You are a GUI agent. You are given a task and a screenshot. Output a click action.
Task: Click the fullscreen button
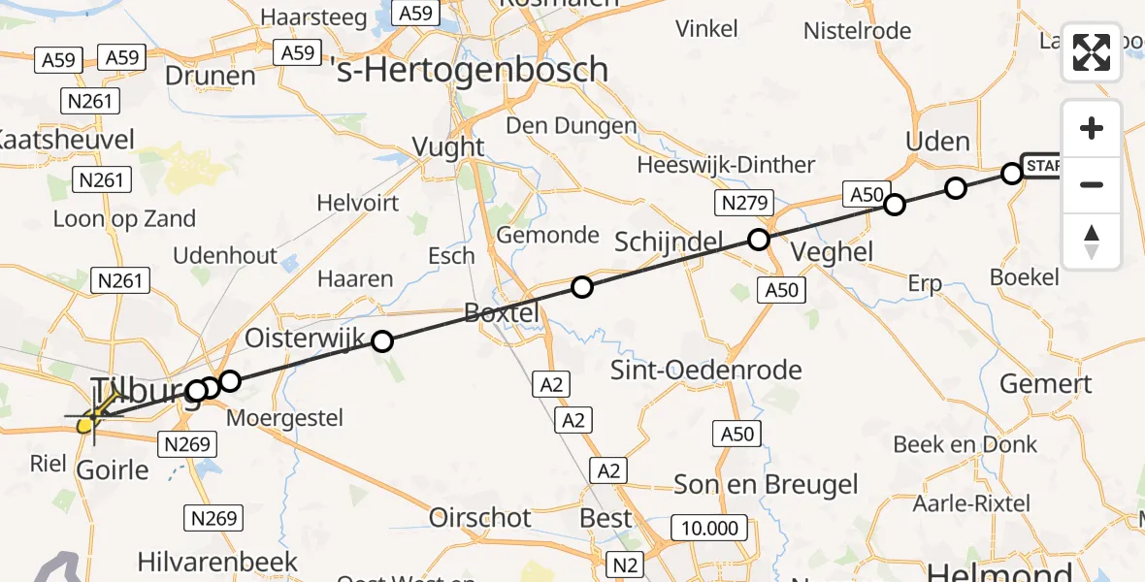click(1092, 52)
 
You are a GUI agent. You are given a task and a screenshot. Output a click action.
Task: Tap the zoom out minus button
click(1092, 184)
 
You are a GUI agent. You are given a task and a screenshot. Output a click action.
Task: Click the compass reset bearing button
click(1092, 242)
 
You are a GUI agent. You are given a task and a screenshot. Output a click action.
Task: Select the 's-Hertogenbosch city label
click(471, 70)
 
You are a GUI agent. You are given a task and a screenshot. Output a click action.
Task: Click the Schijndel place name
click(671, 242)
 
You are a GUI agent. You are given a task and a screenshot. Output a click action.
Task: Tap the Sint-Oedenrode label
click(706, 370)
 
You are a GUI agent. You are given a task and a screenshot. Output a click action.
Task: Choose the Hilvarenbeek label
click(217, 562)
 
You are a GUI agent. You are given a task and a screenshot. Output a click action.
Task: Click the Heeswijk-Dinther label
click(726, 165)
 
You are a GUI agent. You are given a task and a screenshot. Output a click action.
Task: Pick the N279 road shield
click(744, 204)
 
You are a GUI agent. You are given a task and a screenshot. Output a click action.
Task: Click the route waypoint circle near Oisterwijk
click(382, 340)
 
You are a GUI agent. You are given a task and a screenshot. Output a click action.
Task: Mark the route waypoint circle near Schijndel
click(759, 240)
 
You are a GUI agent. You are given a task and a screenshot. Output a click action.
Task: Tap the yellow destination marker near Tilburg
click(85, 423)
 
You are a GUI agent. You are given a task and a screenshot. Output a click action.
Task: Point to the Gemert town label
click(1046, 384)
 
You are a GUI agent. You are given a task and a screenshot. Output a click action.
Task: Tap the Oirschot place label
click(480, 517)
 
